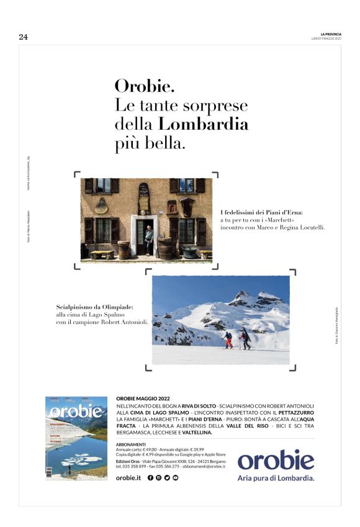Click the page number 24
click(24, 37)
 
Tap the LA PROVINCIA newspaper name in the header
click(330, 34)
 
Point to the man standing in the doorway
click(148, 239)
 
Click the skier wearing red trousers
click(228, 340)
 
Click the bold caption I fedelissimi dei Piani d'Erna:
click(261, 213)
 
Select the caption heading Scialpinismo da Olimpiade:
click(94, 307)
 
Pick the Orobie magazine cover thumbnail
click(74, 438)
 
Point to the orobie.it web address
click(128, 478)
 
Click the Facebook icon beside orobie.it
click(150, 478)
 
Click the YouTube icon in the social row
click(176, 478)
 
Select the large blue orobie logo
click(276, 460)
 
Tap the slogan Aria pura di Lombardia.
click(276, 478)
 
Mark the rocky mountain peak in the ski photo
click(242, 297)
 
